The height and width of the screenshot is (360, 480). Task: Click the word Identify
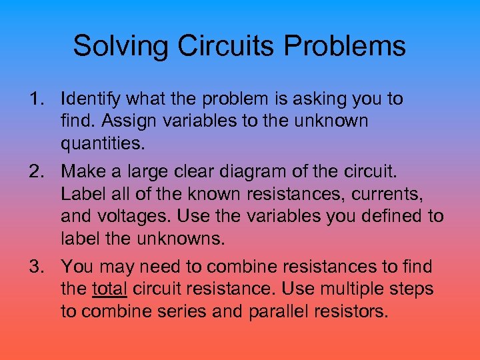[x=88, y=99]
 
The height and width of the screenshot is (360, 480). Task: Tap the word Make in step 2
[x=79, y=171]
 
